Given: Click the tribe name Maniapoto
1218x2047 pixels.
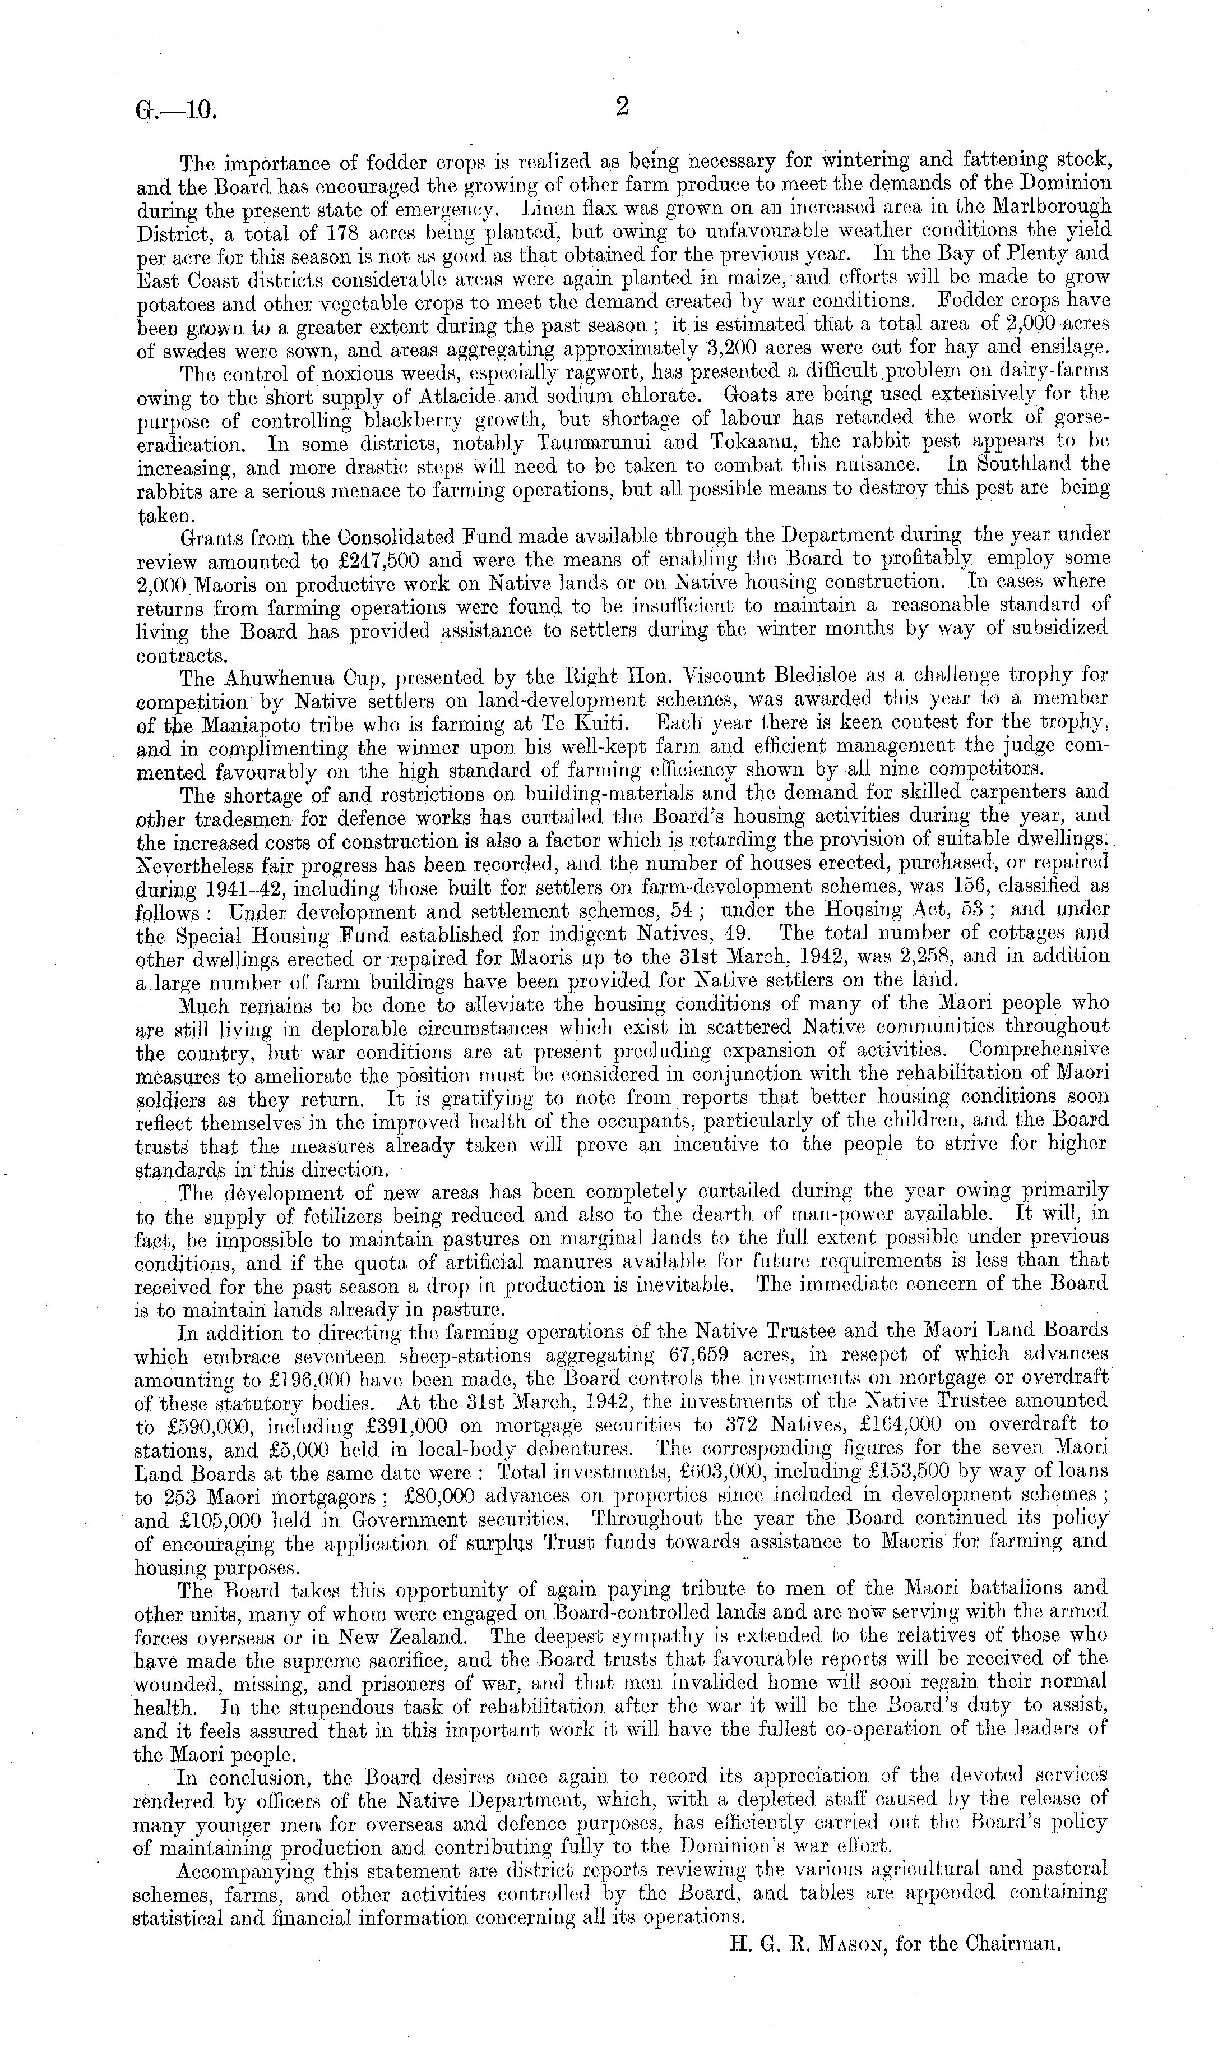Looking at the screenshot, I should [x=251, y=726].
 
